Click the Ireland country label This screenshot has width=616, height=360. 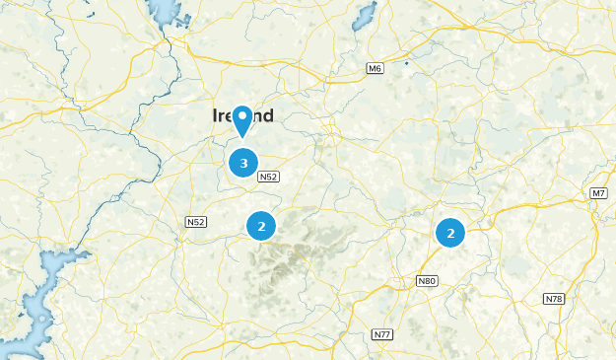(242, 116)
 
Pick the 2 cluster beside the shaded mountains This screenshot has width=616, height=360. (261, 226)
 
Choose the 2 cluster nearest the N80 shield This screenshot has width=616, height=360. (450, 233)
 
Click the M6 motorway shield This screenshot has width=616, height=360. (375, 68)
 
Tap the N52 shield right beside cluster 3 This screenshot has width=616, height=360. (269, 178)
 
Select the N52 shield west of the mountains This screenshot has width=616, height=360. (195, 222)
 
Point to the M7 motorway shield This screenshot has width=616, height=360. (599, 192)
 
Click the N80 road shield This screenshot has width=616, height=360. (426, 281)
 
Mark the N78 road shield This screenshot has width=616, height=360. (553, 298)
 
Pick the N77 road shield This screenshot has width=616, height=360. (382, 335)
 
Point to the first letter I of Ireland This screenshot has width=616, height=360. (215, 116)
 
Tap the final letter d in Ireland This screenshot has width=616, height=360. (267, 116)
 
